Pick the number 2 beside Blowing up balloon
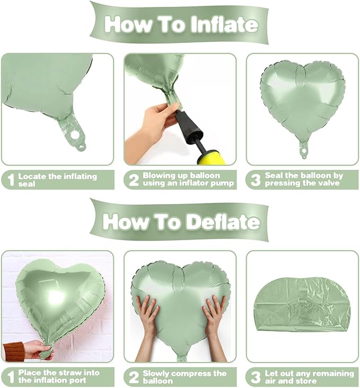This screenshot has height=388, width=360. pos(134,180)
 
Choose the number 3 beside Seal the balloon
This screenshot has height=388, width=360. pos(256,180)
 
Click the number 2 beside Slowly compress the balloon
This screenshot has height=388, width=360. pos(134,377)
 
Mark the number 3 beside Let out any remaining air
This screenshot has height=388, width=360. pos(256,377)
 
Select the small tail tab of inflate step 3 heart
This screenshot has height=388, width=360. pos(304,150)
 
